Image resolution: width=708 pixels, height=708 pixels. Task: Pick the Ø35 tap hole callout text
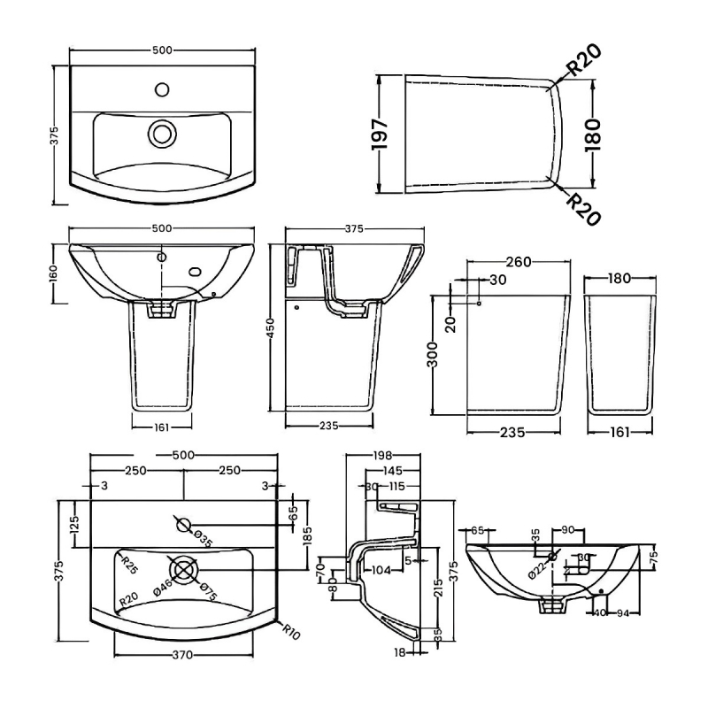click(x=203, y=539)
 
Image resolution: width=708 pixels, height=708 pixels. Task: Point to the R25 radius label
click(x=131, y=563)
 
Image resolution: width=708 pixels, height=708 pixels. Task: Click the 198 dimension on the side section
click(x=382, y=455)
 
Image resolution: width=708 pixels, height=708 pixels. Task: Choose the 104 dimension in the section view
click(x=381, y=570)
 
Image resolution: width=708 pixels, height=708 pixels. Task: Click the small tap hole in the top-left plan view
click(x=161, y=88)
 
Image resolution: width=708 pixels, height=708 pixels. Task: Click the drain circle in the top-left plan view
click(x=161, y=134)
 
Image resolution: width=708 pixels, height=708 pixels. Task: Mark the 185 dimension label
click(x=307, y=535)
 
